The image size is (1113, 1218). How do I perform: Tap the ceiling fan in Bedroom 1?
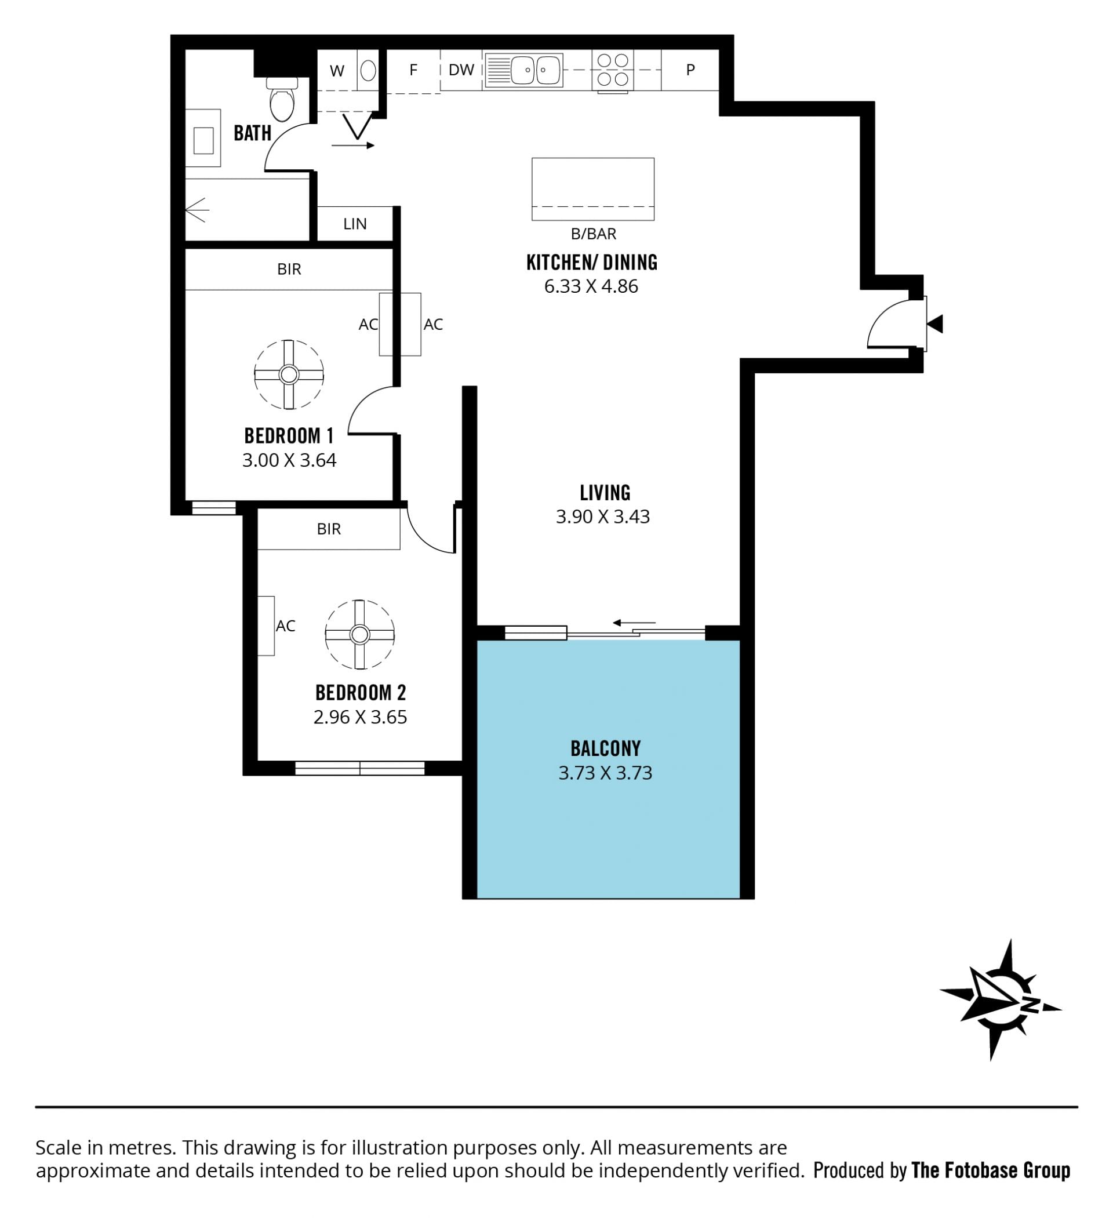(289, 375)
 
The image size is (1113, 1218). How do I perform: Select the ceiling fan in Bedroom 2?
(359, 634)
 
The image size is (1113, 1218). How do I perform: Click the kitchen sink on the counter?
(523, 70)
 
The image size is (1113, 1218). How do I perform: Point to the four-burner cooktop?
(613, 70)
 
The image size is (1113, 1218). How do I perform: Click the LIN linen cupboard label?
(355, 224)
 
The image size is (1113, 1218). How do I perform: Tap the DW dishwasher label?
(461, 70)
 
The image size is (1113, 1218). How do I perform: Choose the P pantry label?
(690, 70)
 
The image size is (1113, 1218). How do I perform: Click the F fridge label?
(413, 70)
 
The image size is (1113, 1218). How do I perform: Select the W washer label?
(337, 71)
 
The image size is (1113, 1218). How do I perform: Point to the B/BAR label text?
(594, 234)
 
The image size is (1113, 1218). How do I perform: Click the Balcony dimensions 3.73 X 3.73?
(605, 773)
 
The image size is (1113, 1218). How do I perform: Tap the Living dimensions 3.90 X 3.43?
(602, 517)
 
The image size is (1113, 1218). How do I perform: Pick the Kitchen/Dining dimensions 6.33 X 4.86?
(591, 286)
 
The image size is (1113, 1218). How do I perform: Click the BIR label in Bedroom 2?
(329, 529)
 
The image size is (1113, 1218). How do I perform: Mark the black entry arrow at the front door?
(936, 324)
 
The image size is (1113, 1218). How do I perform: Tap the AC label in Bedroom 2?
(286, 626)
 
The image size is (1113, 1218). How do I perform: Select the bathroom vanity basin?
(203, 138)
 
